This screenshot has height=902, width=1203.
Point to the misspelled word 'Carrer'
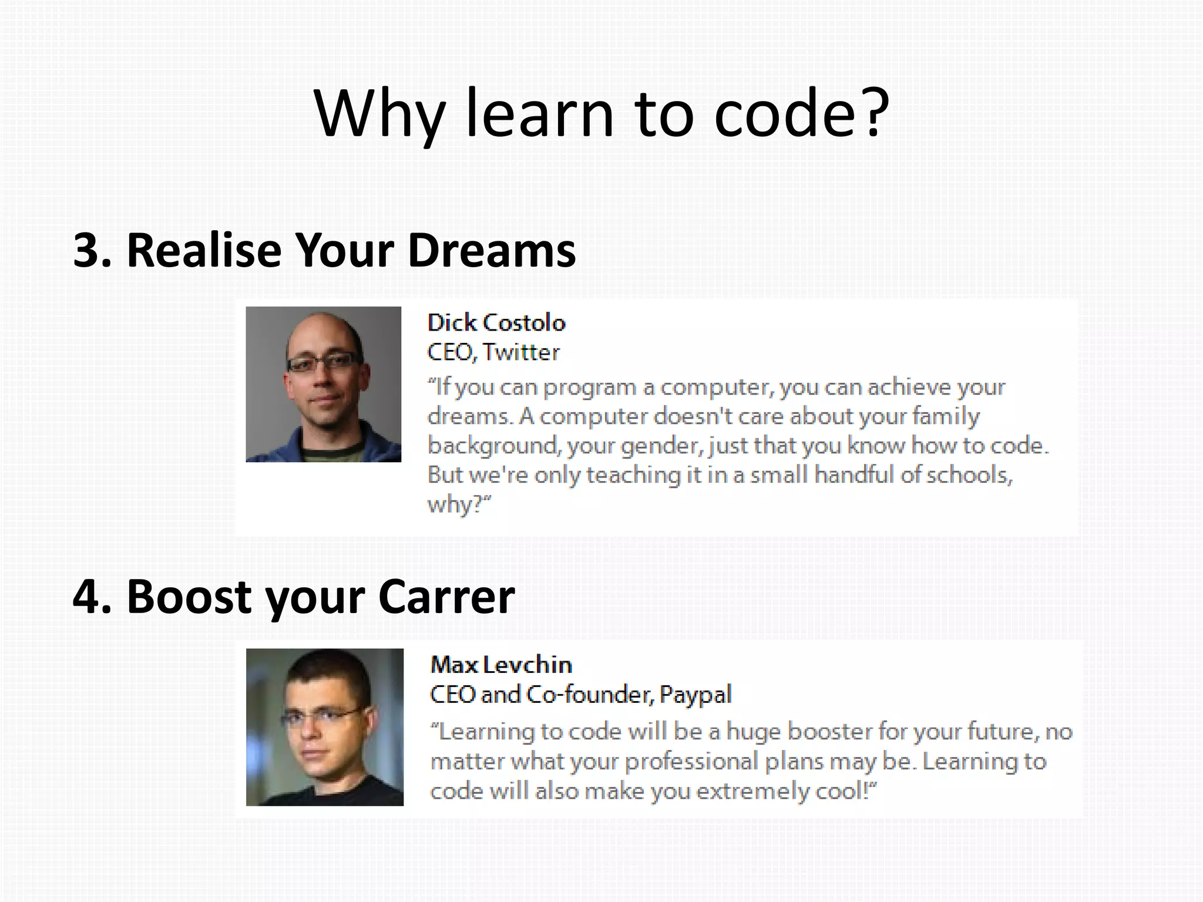446,597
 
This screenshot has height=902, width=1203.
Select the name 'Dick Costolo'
496,323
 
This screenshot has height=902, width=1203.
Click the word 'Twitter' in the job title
521,352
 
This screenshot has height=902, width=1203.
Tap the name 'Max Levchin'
501,665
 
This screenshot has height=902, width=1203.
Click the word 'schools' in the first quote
969,474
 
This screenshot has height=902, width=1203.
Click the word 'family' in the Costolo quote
946,416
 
